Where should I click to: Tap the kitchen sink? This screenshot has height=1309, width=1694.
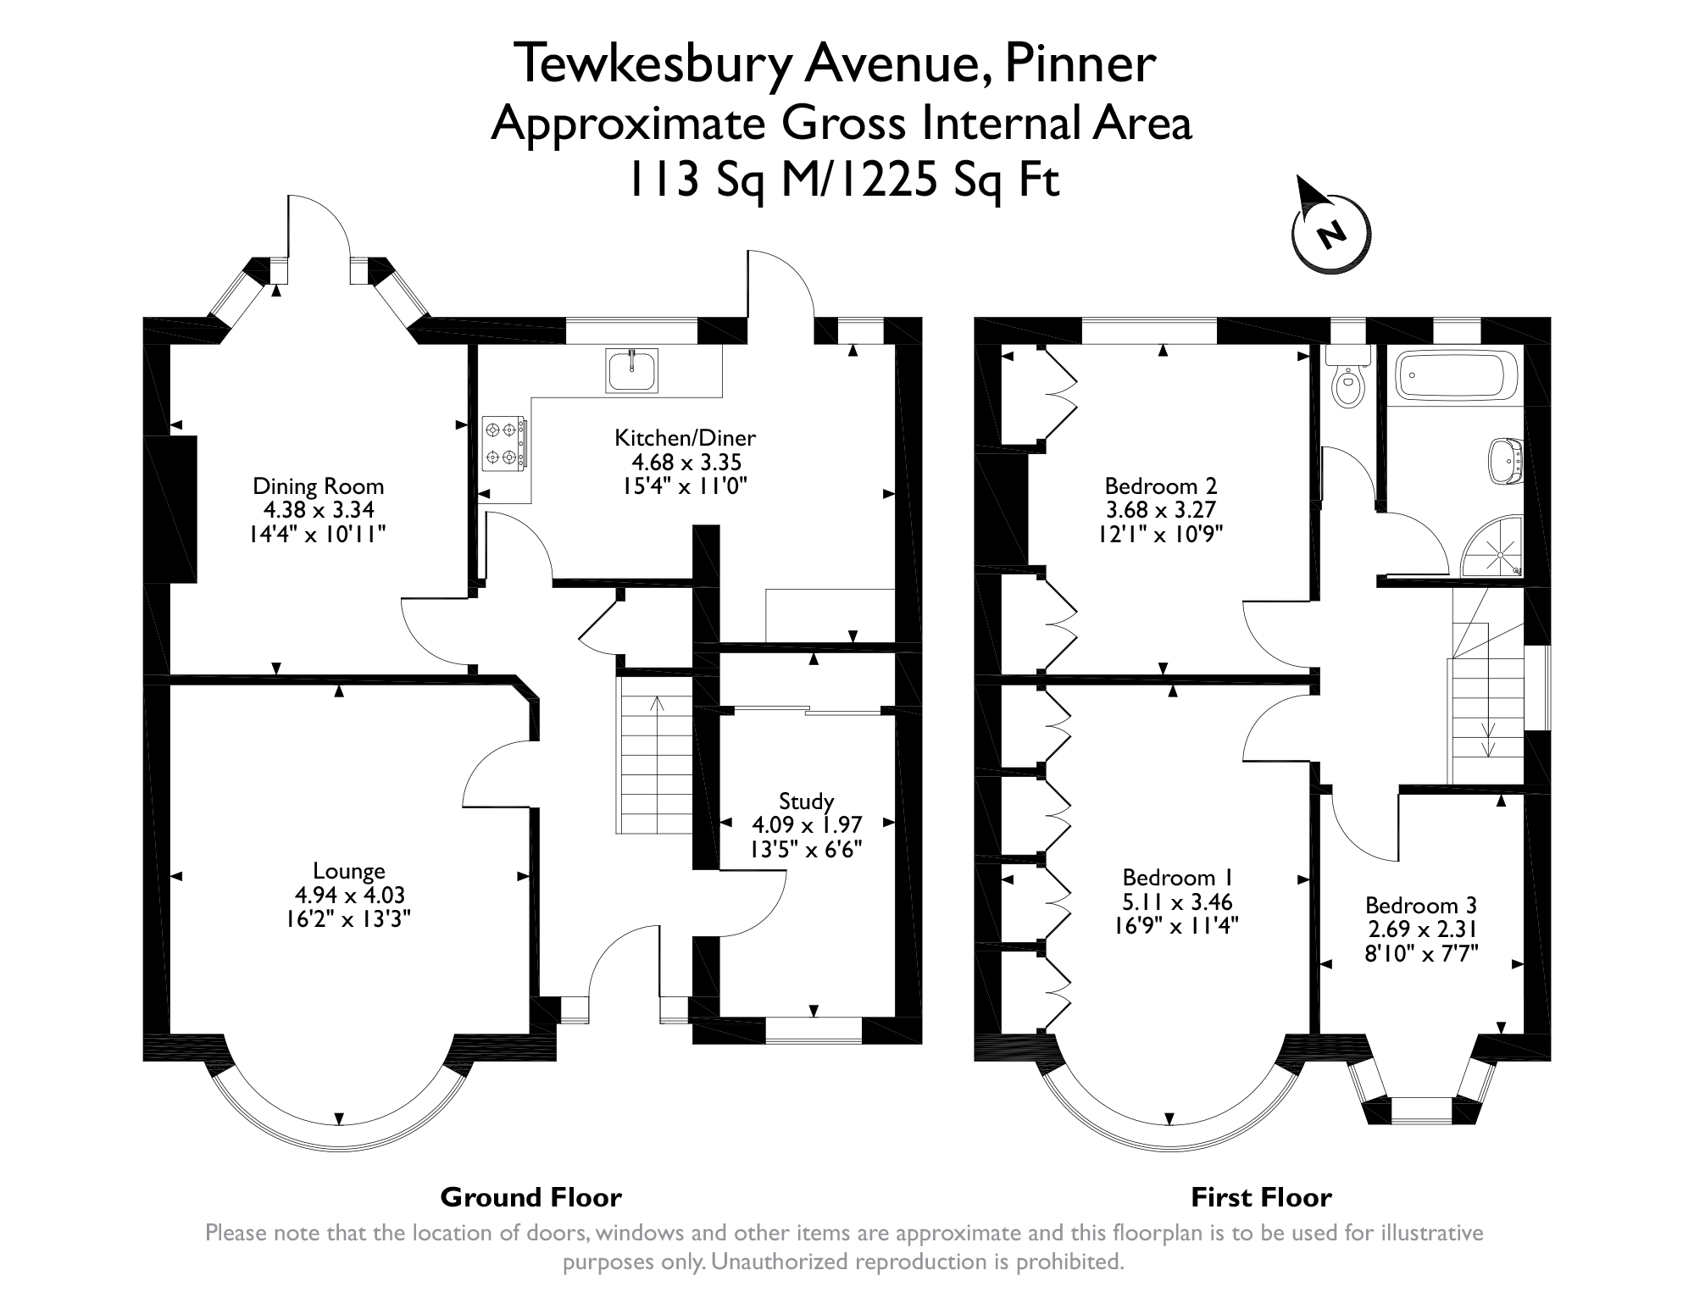coord(632,371)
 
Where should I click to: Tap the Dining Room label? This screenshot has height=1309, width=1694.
coord(319,486)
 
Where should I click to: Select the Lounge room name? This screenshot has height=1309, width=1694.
coord(349,870)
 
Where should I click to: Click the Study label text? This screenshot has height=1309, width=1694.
coord(806,801)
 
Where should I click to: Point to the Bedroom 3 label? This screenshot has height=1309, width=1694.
coord(1421,905)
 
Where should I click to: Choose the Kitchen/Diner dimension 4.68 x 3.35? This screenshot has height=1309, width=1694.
coord(686,463)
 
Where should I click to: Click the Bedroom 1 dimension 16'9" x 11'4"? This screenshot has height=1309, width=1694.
coord(1176,925)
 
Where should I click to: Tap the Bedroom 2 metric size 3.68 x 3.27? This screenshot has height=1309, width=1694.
coord(1160,510)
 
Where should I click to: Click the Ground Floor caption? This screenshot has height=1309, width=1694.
coord(530,1197)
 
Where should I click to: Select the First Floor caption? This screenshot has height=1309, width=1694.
coord(1261,1197)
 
